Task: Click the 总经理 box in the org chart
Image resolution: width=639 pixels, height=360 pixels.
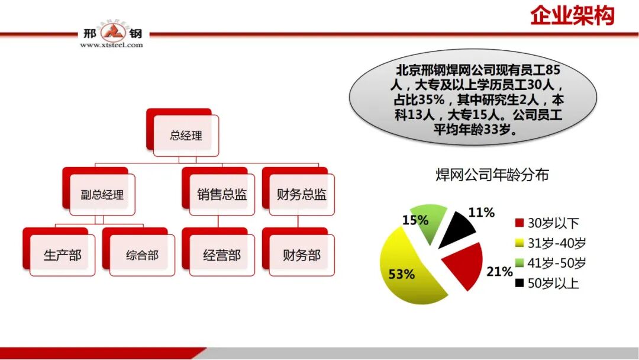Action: click(186, 136)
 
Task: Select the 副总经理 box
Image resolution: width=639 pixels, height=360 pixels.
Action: click(102, 195)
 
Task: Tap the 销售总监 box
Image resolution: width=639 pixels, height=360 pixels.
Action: click(222, 195)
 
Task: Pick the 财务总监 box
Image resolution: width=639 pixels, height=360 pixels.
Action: click(302, 195)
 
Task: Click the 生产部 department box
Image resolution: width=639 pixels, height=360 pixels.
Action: click(62, 256)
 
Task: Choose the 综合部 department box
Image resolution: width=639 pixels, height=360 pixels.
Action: click(142, 256)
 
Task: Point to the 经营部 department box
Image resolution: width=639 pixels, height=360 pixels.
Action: click(222, 256)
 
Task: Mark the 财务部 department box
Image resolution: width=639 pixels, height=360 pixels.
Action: click(302, 256)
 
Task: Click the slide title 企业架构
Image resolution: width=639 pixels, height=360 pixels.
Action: click(572, 16)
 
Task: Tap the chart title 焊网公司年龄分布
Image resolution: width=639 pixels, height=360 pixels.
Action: click(492, 175)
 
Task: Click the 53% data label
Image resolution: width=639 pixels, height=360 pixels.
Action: click(401, 274)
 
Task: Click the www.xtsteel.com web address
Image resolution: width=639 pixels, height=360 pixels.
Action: click(111, 44)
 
